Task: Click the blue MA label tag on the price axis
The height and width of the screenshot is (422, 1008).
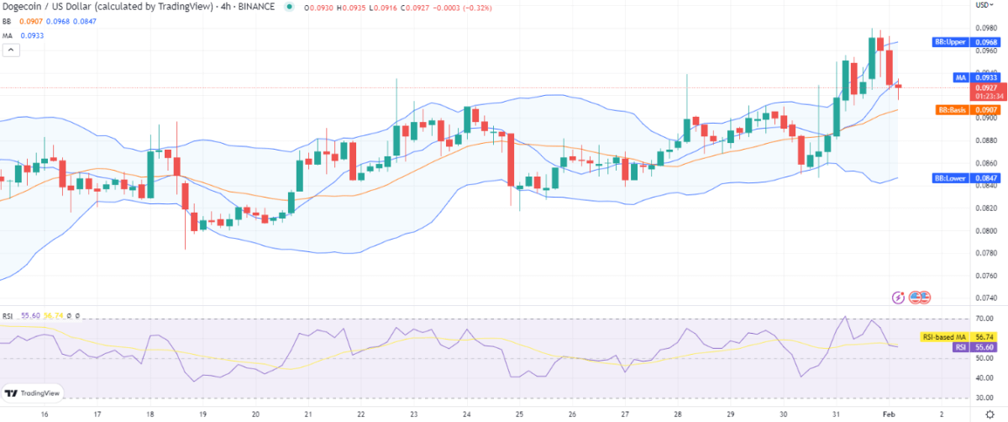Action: point(960,77)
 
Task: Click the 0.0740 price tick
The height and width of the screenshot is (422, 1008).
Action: point(988,298)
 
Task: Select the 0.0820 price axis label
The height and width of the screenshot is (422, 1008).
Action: point(988,208)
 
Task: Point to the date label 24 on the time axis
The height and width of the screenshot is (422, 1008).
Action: point(467,414)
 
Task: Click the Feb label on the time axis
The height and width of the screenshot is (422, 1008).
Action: point(888,414)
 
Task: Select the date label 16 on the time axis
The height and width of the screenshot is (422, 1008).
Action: point(44,414)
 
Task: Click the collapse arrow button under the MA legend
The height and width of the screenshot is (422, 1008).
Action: point(12,50)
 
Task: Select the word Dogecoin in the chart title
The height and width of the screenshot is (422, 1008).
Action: point(21,8)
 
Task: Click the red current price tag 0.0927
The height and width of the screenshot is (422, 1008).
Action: point(986,87)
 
